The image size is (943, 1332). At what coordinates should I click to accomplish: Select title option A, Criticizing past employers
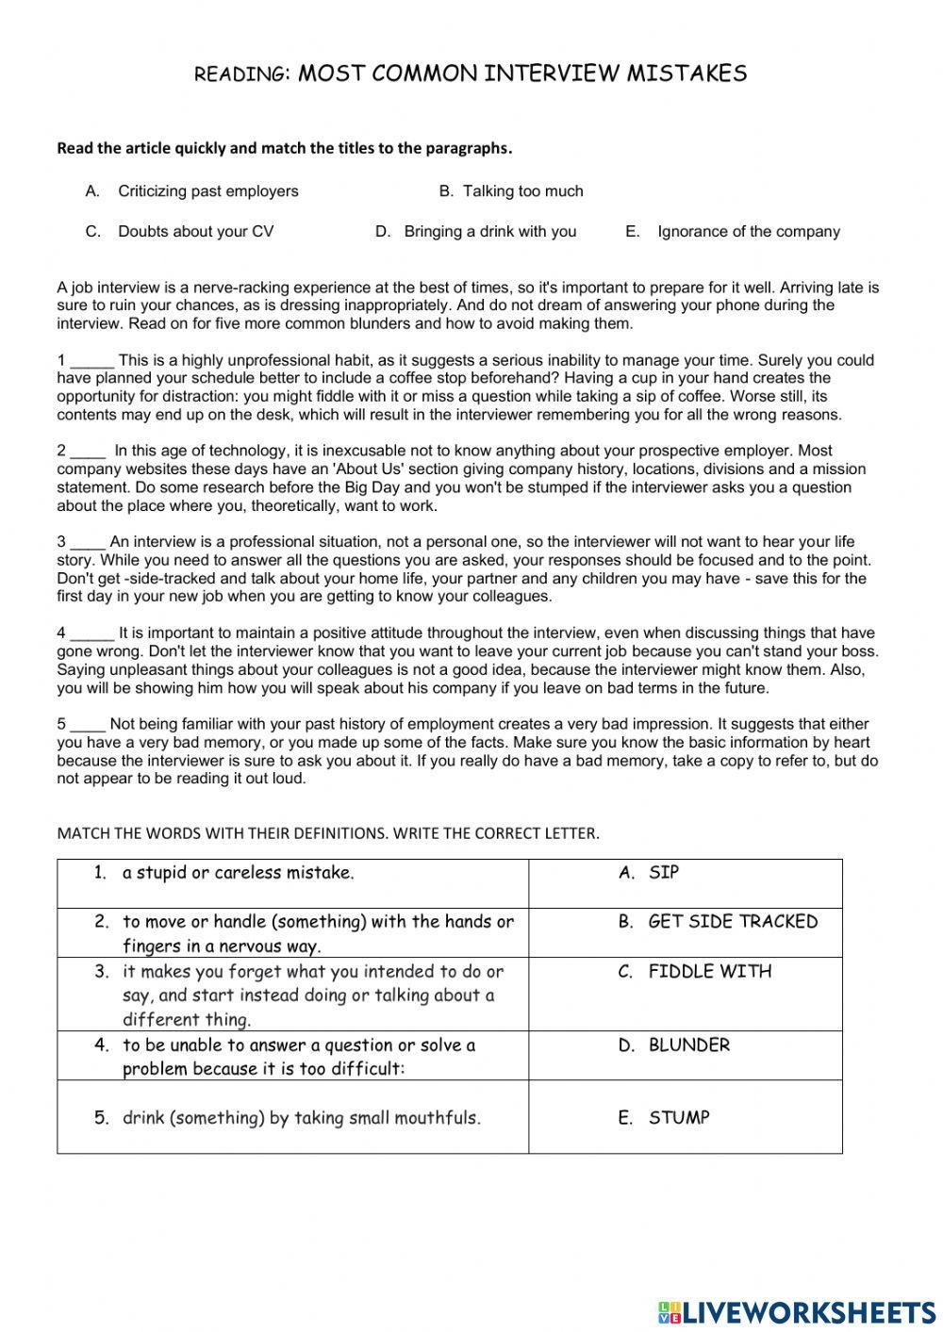tap(207, 191)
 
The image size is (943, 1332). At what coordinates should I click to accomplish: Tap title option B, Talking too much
tap(522, 191)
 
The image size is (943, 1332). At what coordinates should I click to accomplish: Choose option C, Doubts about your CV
tap(195, 232)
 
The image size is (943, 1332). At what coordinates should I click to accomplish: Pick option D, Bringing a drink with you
tap(489, 232)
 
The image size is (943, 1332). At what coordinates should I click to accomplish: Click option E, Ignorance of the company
tap(748, 232)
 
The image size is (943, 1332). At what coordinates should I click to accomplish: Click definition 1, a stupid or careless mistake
tap(238, 873)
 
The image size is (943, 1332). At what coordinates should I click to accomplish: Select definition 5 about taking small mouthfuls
tap(301, 1118)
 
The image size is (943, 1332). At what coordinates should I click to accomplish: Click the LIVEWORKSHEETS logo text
tap(807, 1311)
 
